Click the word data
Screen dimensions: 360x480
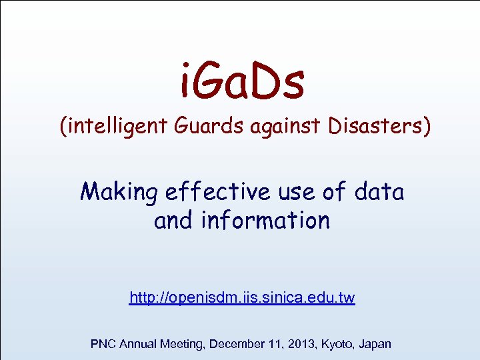point(379,192)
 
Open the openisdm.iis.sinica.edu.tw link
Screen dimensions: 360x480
point(242,298)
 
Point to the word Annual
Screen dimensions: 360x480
point(139,344)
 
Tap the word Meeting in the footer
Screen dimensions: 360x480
point(183,344)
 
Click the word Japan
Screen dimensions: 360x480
point(375,344)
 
